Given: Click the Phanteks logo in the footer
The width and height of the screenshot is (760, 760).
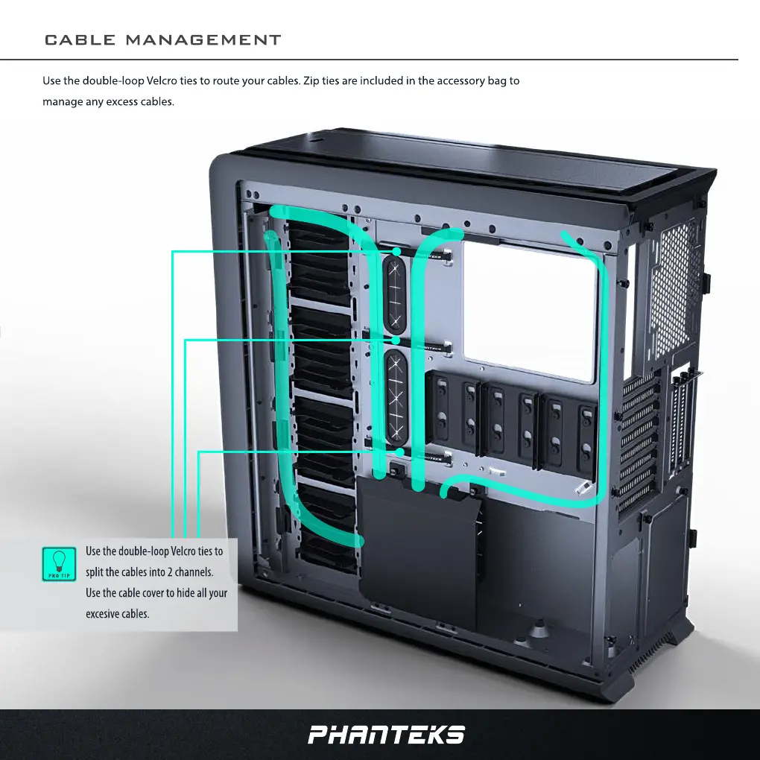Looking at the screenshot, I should pyautogui.click(x=386, y=735).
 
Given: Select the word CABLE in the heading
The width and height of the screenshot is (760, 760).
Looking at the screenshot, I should pyautogui.click(x=79, y=40).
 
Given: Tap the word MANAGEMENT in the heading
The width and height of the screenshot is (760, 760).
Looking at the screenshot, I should pyautogui.click(x=203, y=40).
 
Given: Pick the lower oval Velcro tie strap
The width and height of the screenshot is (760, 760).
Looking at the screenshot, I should pyautogui.click(x=396, y=394).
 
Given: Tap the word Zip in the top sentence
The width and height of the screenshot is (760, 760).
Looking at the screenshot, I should pyautogui.click(x=312, y=80).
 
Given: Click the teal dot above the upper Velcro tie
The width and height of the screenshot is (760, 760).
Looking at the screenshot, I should pyautogui.click(x=397, y=253).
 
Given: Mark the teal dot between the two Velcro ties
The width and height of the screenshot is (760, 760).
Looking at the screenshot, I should pyautogui.click(x=396, y=340).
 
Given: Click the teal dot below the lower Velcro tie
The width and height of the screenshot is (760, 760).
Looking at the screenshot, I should pyautogui.click(x=399, y=452).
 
